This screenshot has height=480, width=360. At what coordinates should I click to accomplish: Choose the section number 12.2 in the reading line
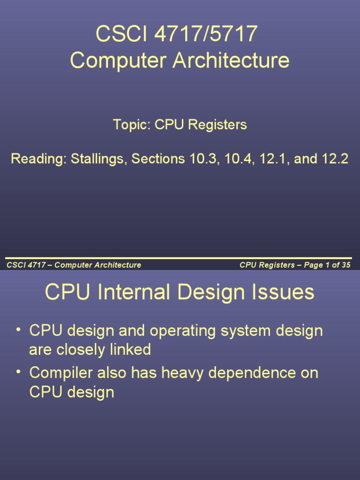(x=335, y=159)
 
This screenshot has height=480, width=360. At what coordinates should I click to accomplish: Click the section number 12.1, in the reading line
(x=275, y=159)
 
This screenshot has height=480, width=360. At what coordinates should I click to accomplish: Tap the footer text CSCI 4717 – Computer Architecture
(x=74, y=265)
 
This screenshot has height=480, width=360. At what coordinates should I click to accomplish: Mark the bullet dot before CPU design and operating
(x=19, y=330)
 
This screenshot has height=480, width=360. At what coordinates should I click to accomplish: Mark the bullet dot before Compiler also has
(x=19, y=372)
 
